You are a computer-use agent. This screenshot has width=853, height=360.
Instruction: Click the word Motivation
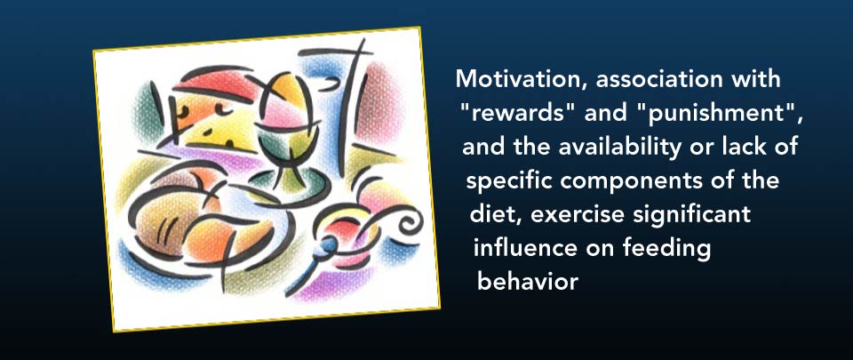tap(522, 79)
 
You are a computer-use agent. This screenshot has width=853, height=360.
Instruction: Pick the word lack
tap(730, 147)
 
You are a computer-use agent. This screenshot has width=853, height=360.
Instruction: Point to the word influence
tap(525, 249)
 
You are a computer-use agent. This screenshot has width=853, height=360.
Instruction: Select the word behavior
tap(527, 282)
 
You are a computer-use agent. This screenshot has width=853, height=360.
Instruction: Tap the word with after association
tap(754, 79)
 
